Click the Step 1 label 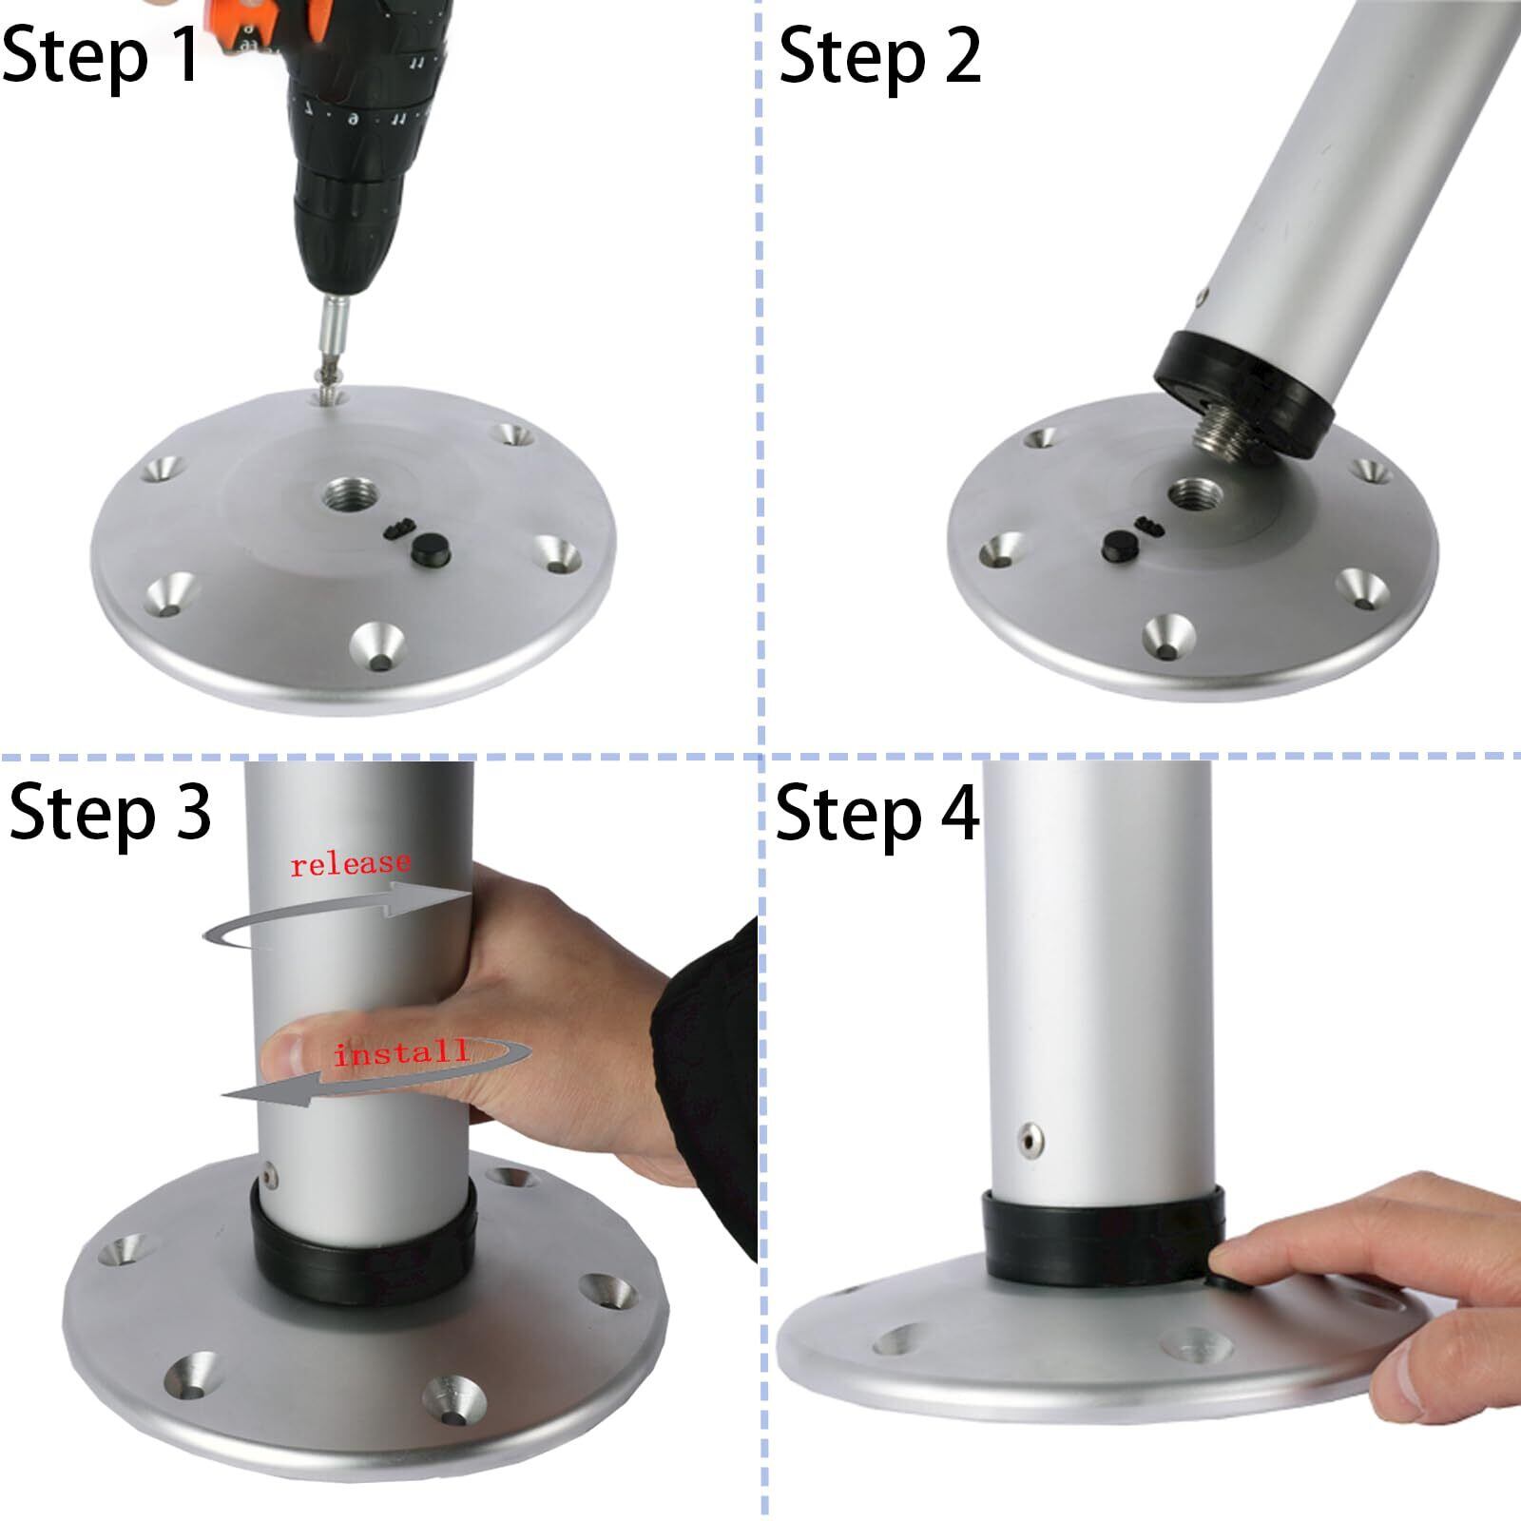coord(101,57)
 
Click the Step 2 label coord(879,57)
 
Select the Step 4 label coord(876,814)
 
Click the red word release coord(351,864)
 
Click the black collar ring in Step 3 coord(362,1255)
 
